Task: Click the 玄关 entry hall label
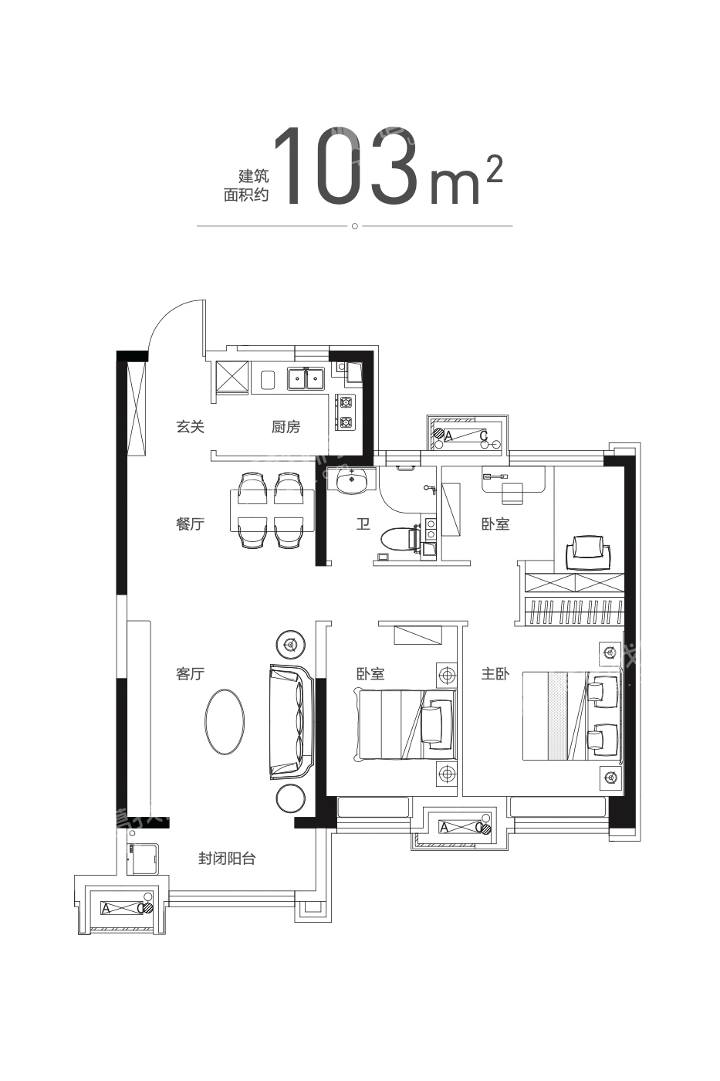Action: click(190, 426)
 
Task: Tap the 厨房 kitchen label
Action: click(286, 426)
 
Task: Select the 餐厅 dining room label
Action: click(190, 524)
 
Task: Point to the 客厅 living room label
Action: click(190, 673)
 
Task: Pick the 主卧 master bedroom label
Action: click(495, 673)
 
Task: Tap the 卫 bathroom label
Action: click(363, 524)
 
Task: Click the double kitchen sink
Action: click(306, 378)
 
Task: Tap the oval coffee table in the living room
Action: click(225, 720)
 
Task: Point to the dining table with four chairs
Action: click(272, 510)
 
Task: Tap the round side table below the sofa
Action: click(291, 799)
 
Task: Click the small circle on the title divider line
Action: click(354, 225)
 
